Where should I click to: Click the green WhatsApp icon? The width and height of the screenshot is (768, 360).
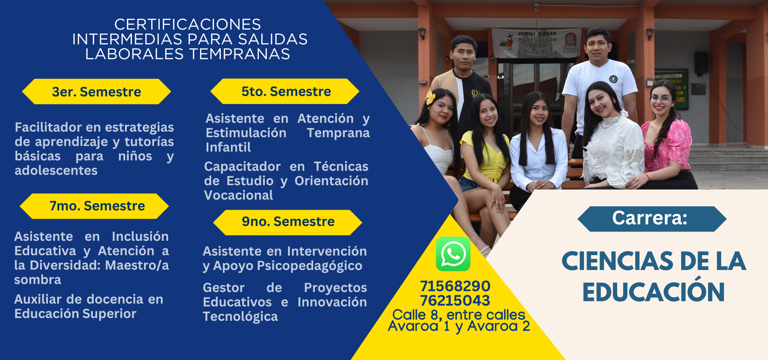pyautogui.click(x=453, y=254)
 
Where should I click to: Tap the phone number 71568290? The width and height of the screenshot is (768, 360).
pyautogui.click(x=455, y=286)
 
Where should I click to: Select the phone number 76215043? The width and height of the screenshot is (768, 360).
pyautogui.click(x=455, y=300)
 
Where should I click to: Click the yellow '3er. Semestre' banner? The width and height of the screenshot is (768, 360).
pyautogui.click(x=96, y=92)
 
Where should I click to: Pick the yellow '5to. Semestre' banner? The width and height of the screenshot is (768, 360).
pyautogui.click(x=285, y=91)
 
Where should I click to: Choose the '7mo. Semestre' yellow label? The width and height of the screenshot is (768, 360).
pyautogui.click(x=94, y=206)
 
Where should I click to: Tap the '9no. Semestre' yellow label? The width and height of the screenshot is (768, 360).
pyautogui.click(x=288, y=222)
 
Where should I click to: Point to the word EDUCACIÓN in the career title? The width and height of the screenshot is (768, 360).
pyautogui.click(x=653, y=292)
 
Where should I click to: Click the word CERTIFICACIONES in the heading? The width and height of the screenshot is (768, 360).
pyautogui.click(x=188, y=24)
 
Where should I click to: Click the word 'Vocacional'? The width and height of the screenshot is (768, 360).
pyautogui.click(x=238, y=195)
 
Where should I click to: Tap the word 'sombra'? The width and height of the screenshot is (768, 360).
pyautogui.click(x=38, y=280)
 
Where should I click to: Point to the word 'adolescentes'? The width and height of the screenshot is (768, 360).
pyautogui.click(x=56, y=170)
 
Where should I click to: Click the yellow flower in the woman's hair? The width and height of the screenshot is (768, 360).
pyautogui.click(x=430, y=97)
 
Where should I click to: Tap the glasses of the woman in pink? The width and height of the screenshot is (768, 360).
pyautogui.click(x=660, y=98)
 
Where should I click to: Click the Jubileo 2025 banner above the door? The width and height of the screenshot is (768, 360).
pyautogui.click(x=536, y=43)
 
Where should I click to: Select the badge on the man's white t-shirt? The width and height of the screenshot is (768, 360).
pyautogui.click(x=613, y=79)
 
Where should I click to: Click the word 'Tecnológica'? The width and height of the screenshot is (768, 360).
pyautogui.click(x=240, y=317)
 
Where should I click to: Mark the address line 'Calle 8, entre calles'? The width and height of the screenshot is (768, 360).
pyautogui.click(x=459, y=315)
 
